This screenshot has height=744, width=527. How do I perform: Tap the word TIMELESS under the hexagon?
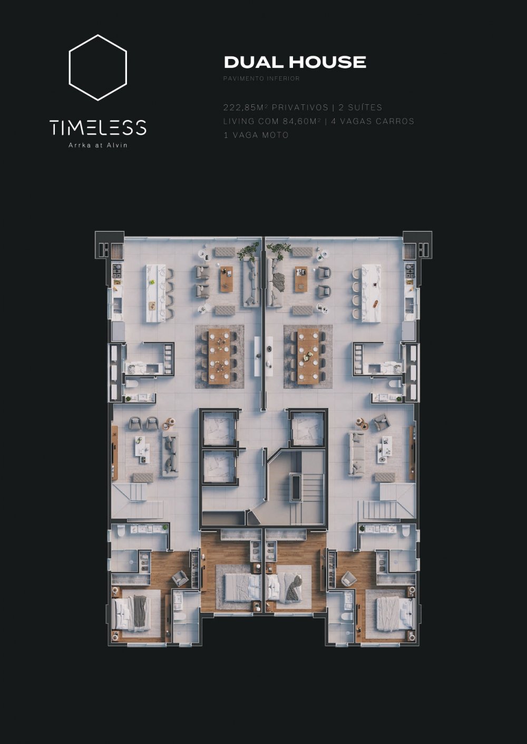click(97, 127)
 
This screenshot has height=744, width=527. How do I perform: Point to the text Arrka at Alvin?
click(97, 145)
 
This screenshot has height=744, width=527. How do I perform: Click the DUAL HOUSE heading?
click(295, 62)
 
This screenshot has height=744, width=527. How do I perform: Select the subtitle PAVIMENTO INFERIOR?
click(261, 79)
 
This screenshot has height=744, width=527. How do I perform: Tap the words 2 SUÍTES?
click(360, 107)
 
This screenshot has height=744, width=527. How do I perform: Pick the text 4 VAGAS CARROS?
click(373, 121)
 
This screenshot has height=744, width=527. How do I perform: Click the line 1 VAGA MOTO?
click(256, 135)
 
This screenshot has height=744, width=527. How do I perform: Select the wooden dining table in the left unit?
click(219, 356)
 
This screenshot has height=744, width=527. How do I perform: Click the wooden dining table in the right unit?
click(308, 356)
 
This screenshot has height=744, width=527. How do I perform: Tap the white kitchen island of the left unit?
click(155, 293)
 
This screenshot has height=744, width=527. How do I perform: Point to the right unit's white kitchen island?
click(371, 293)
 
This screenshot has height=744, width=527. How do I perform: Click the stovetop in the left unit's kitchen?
click(117, 271)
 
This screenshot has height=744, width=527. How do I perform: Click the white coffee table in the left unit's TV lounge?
click(142, 450)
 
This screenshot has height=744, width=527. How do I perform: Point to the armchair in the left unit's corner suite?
click(180, 578)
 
